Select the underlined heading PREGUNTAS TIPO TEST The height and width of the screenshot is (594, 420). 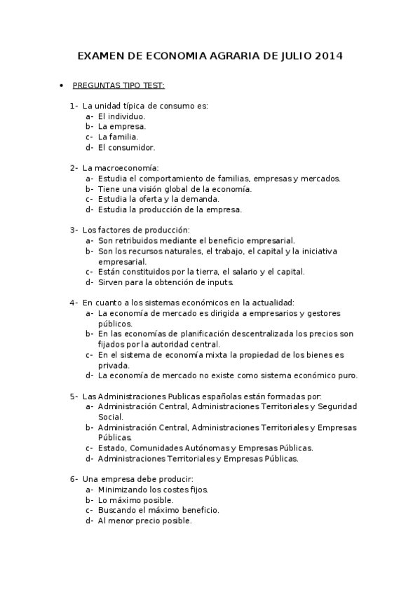point(118,86)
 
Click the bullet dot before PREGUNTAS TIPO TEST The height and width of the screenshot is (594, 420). point(62,86)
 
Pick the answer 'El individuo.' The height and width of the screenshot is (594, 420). point(121,116)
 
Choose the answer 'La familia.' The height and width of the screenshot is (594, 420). point(118,137)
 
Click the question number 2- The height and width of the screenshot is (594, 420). point(74,168)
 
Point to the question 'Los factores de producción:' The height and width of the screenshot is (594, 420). point(135,230)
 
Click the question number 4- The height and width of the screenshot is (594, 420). point(74,303)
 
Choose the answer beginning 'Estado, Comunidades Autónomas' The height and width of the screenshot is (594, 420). point(205,448)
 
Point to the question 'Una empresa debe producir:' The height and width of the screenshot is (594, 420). point(133,479)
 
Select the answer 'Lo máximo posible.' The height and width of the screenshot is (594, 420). point(135,500)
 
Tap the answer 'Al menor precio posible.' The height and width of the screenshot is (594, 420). point(144,521)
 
